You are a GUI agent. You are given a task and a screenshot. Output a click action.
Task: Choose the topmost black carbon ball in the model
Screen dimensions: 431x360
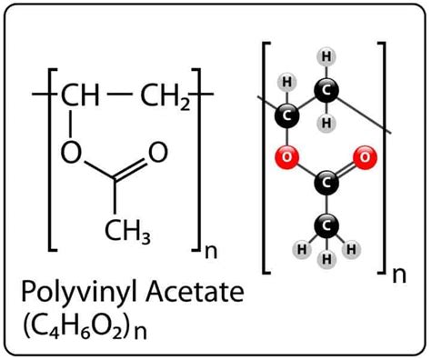[324, 90]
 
